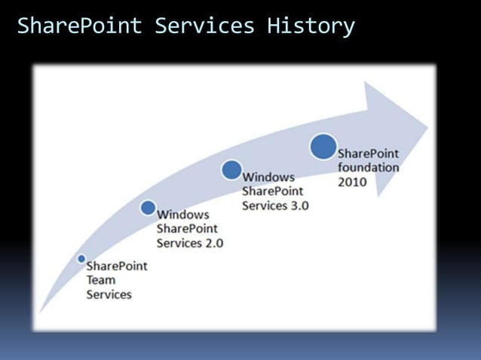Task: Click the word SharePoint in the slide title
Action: click(x=79, y=26)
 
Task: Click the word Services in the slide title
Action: click(x=204, y=26)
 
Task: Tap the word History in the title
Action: click(x=310, y=26)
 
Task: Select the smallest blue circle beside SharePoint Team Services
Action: click(x=81, y=258)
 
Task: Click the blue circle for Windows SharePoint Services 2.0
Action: click(x=149, y=207)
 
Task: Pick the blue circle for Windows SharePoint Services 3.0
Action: click(x=232, y=169)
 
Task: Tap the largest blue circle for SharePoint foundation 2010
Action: click(x=323, y=146)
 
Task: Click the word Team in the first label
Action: click(x=101, y=280)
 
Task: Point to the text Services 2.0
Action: click(x=189, y=243)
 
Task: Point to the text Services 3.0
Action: click(x=274, y=205)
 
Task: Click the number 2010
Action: click(x=353, y=182)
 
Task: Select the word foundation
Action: click(x=368, y=167)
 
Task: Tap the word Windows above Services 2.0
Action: click(x=182, y=215)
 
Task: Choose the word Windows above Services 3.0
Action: click(x=268, y=177)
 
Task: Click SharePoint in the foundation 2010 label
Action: click(x=368, y=154)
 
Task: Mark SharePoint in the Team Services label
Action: click(x=117, y=266)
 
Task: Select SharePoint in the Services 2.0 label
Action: click(x=187, y=228)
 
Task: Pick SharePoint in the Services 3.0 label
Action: click(x=272, y=191)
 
